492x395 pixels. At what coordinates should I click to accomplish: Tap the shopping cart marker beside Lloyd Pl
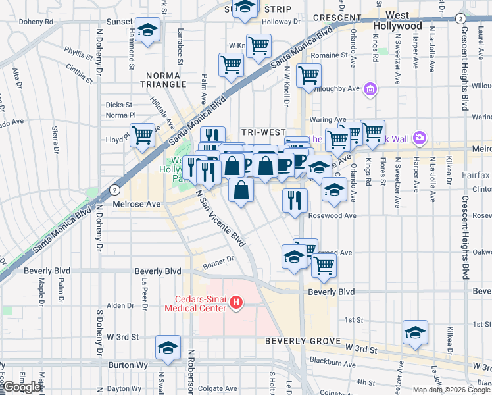[143, 136]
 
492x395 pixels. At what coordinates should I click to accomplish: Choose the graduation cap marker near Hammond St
[148, 30]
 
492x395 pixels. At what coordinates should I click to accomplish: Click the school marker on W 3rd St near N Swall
[168, 347]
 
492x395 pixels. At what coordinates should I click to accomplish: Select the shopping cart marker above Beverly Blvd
[323, 265]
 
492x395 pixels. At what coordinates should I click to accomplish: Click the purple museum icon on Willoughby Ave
[370, 88]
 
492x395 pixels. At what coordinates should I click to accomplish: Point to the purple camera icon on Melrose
[420, 138]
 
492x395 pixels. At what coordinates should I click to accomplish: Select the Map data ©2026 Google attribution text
[451, 390]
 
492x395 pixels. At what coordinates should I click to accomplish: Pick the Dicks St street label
[119, 104]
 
